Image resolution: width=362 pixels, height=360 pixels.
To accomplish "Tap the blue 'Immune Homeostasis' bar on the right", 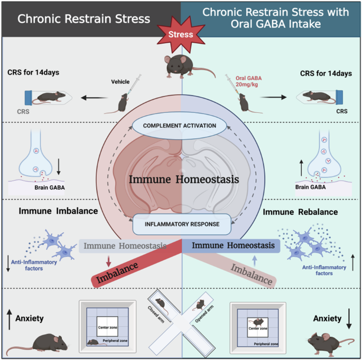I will pyautogui.click(x=233, y=245).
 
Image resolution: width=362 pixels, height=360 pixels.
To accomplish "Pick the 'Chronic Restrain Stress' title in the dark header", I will pyautogui.click(x=83, y=20).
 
